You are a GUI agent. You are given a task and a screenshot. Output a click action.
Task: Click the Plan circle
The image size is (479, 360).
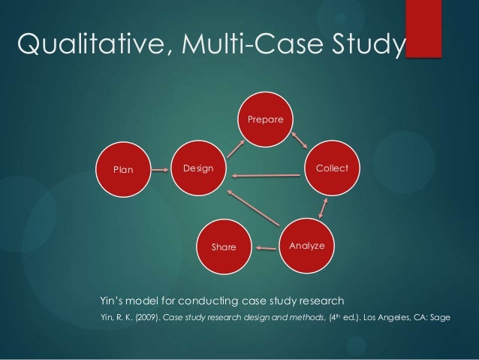[x=122, y=169]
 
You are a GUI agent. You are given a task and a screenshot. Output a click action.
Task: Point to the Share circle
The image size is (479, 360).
[x=224, y=247]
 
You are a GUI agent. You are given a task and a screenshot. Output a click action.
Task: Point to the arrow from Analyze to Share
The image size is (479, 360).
[x=264, y=246]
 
